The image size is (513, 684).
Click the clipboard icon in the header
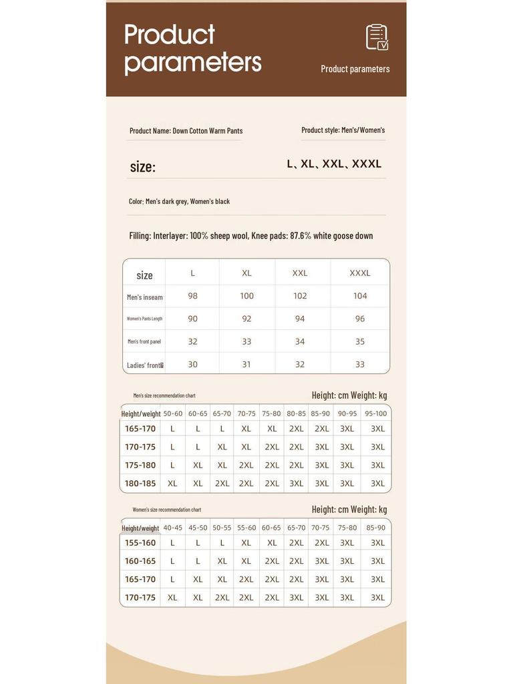coord(377,37)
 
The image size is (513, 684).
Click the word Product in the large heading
coord(170,34)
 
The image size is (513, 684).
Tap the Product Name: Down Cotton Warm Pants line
coord(186,131)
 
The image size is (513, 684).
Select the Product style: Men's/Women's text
coord(343,130)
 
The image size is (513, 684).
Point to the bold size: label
coord(142,167)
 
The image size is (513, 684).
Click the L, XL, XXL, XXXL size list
coord(334,164)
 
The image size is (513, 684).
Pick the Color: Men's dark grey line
coord(179,201)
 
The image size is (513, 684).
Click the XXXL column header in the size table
coord(360,273)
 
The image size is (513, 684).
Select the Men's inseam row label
coord(145,297)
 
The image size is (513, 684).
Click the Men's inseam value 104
coord(360,296)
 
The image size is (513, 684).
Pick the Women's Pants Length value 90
coord(192,319)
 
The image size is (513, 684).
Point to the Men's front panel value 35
coord(360,341)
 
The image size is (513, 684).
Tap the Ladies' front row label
coord(145,365)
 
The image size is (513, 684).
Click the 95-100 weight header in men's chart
coord(376,413)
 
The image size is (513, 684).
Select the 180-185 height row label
coord(140,484)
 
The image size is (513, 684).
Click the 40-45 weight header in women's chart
coord(172,528)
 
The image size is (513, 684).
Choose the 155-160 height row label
coord(140,543)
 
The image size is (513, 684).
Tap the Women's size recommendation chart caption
coord(166,510)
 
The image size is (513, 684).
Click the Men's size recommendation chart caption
coord(164,395)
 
